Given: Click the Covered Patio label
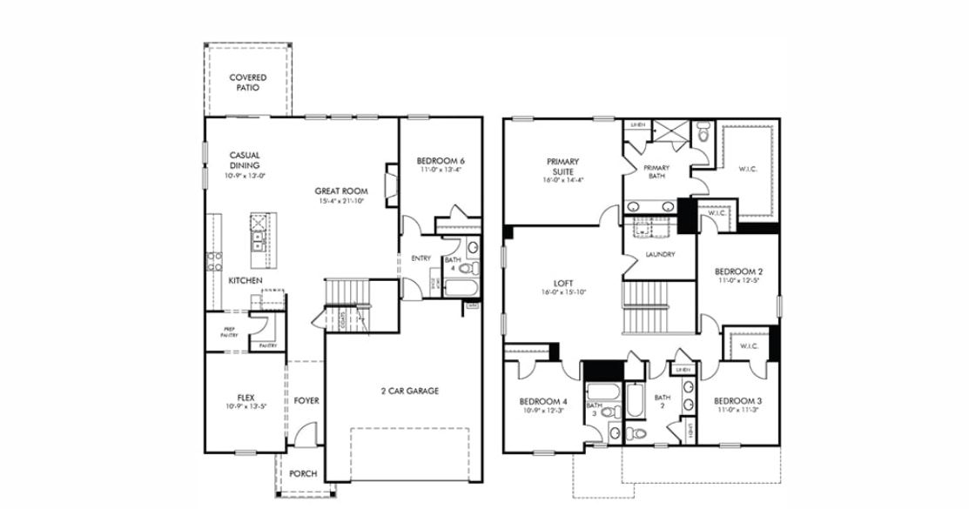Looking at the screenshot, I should pyautogui.click(x=248, y=83).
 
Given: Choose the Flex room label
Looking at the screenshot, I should pyautogui.click(x=246, y=400).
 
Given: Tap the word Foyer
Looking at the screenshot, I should pyautogui.click(x=306, y=401).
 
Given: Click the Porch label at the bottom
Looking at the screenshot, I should pyautogui.click(x=303, y=474).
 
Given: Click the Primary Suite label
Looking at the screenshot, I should pyautogui.click(x=563, y=166).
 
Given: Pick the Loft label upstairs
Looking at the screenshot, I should pyautogui.click(x=563, y=287).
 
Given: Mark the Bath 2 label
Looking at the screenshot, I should pyautogui.click(x=665, y=400).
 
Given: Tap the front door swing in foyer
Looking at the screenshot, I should pyautogui.click(x=304, y=433).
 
